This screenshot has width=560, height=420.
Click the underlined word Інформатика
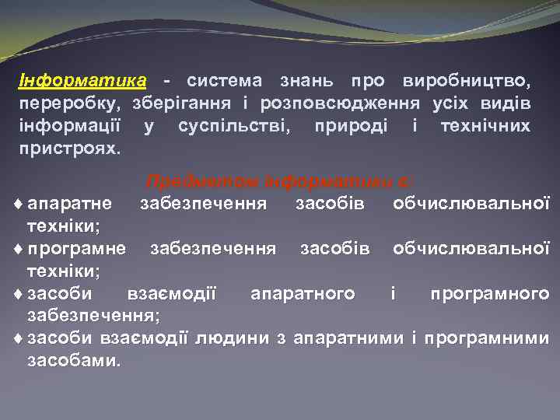coord(82,81)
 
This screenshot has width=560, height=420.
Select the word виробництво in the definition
coord(467,81)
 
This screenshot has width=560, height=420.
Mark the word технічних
coord(485,125)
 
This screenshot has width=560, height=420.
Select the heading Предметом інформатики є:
coord(281,182)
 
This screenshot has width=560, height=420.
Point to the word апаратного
coord(303,293)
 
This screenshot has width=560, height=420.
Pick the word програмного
coord(489,293)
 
